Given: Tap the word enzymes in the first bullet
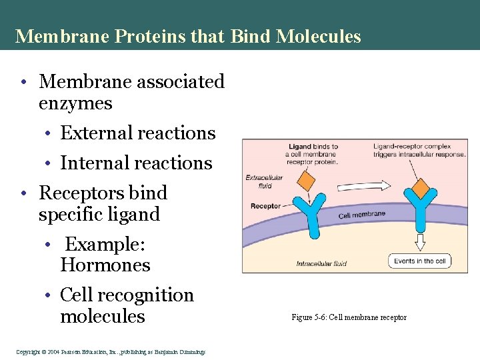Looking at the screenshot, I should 75,104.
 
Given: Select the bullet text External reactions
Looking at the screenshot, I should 138,133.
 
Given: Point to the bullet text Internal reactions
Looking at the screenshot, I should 136,163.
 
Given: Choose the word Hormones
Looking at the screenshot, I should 105,265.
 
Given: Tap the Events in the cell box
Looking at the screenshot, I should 419,261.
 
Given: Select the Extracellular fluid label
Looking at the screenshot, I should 263,182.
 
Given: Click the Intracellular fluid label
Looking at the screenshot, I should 321,264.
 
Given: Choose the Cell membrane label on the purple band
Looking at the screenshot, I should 361,215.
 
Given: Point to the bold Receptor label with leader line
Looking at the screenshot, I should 265,206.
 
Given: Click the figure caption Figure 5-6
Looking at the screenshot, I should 349,317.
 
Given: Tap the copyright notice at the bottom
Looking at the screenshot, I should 110,352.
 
